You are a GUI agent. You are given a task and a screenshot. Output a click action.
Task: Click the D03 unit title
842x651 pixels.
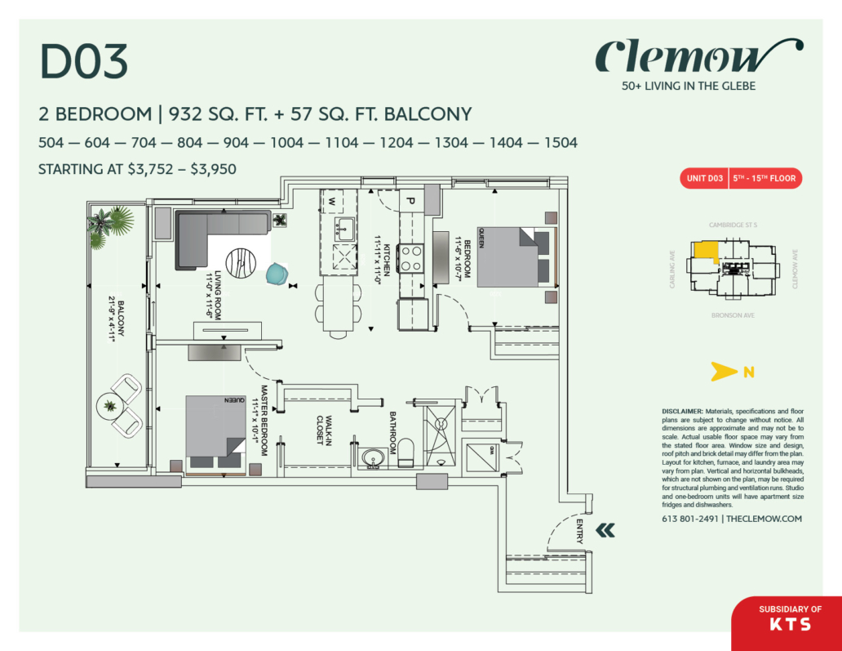pyautogui.click(x=84, y=62)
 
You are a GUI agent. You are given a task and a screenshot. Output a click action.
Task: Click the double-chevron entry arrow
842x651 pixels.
pyautogui.click(x=605, y=531)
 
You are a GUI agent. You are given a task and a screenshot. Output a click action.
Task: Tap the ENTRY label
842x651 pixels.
pyautogui.click(x=579, y=532)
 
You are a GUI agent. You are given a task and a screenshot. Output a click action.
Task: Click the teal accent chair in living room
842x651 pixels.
pyautogui.click(x=277, y=275)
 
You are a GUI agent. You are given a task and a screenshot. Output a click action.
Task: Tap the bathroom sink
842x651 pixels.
pyautogui.click(x=374, y=458)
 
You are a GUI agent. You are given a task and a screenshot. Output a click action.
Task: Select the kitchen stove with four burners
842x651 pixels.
pyautogui.click(x=412, y=259)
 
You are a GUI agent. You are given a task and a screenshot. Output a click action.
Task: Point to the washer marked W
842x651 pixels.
pyautogui.click(x=333, y=199)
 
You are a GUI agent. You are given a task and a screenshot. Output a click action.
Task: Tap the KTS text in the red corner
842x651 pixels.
pyautogui.click(x=790, y=625)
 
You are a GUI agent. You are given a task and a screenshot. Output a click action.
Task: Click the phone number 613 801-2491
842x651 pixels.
pyautogui.click(x=690, y=519)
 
